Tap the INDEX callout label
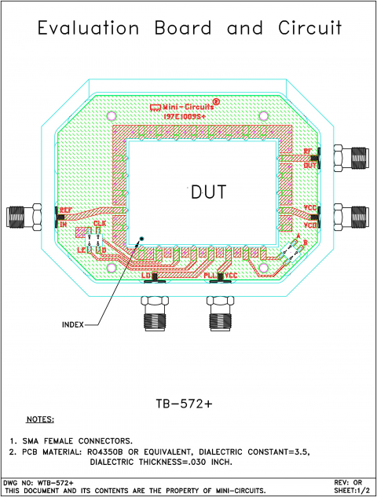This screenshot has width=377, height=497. coord(74,324)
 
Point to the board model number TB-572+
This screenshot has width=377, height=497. coord(188,402)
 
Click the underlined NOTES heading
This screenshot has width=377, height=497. coord(40,420)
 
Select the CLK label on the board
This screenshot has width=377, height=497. coord(100,225)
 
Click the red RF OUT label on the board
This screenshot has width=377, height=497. coord(310,157)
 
